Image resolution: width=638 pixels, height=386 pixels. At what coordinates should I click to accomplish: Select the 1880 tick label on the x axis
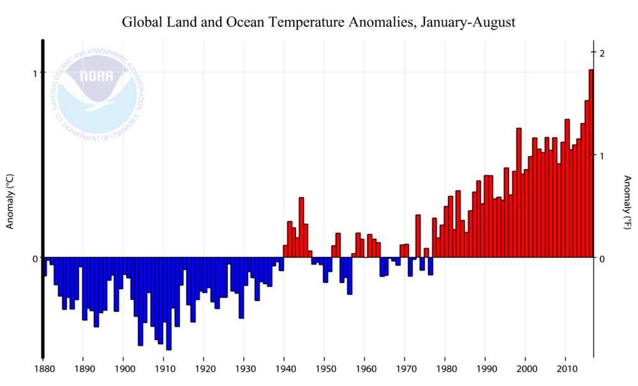click(x=43, y=369)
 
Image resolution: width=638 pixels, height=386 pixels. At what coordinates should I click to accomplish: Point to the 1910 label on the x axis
click(x=164, y=369)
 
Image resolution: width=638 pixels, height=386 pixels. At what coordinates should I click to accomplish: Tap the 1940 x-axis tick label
click(x=285, y=369)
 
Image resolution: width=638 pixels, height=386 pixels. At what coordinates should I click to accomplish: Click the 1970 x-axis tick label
click(x=405, y=369)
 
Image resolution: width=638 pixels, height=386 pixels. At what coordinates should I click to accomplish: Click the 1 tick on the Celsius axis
click(x=36, y=72)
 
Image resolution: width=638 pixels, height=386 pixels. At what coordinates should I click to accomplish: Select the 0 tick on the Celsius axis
click(x=36, y=258)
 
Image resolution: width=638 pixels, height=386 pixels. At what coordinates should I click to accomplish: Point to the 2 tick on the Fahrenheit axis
click(x=602, y=52)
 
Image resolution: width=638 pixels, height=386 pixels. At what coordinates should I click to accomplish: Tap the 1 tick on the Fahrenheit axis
click(x=602, y=155)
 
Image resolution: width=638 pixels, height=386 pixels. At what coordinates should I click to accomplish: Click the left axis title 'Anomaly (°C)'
click(x=10, y=201)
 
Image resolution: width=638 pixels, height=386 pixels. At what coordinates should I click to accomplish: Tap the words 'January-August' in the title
click(x=472, y=23)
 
